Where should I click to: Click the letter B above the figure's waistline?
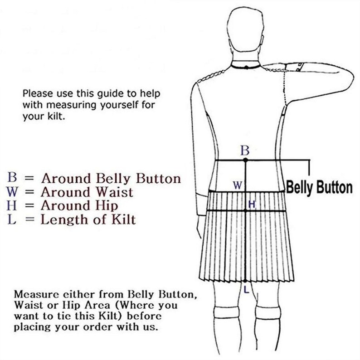(x=245, y=151)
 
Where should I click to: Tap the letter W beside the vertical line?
(x=238, y=185)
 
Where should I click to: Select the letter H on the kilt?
(x=252, y=204)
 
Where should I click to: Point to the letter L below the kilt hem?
(x=246, y=290)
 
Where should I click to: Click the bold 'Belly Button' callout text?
(x=319, y=188)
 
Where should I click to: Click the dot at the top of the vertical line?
(x=245, y=160)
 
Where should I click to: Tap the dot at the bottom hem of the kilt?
(x=245, y=281)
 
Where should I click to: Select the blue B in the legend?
(x=12, y=177)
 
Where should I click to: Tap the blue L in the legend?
(x=12, y=219)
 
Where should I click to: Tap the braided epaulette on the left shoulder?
(x=211, y=76)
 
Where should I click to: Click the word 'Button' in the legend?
(x=158, y=178)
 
